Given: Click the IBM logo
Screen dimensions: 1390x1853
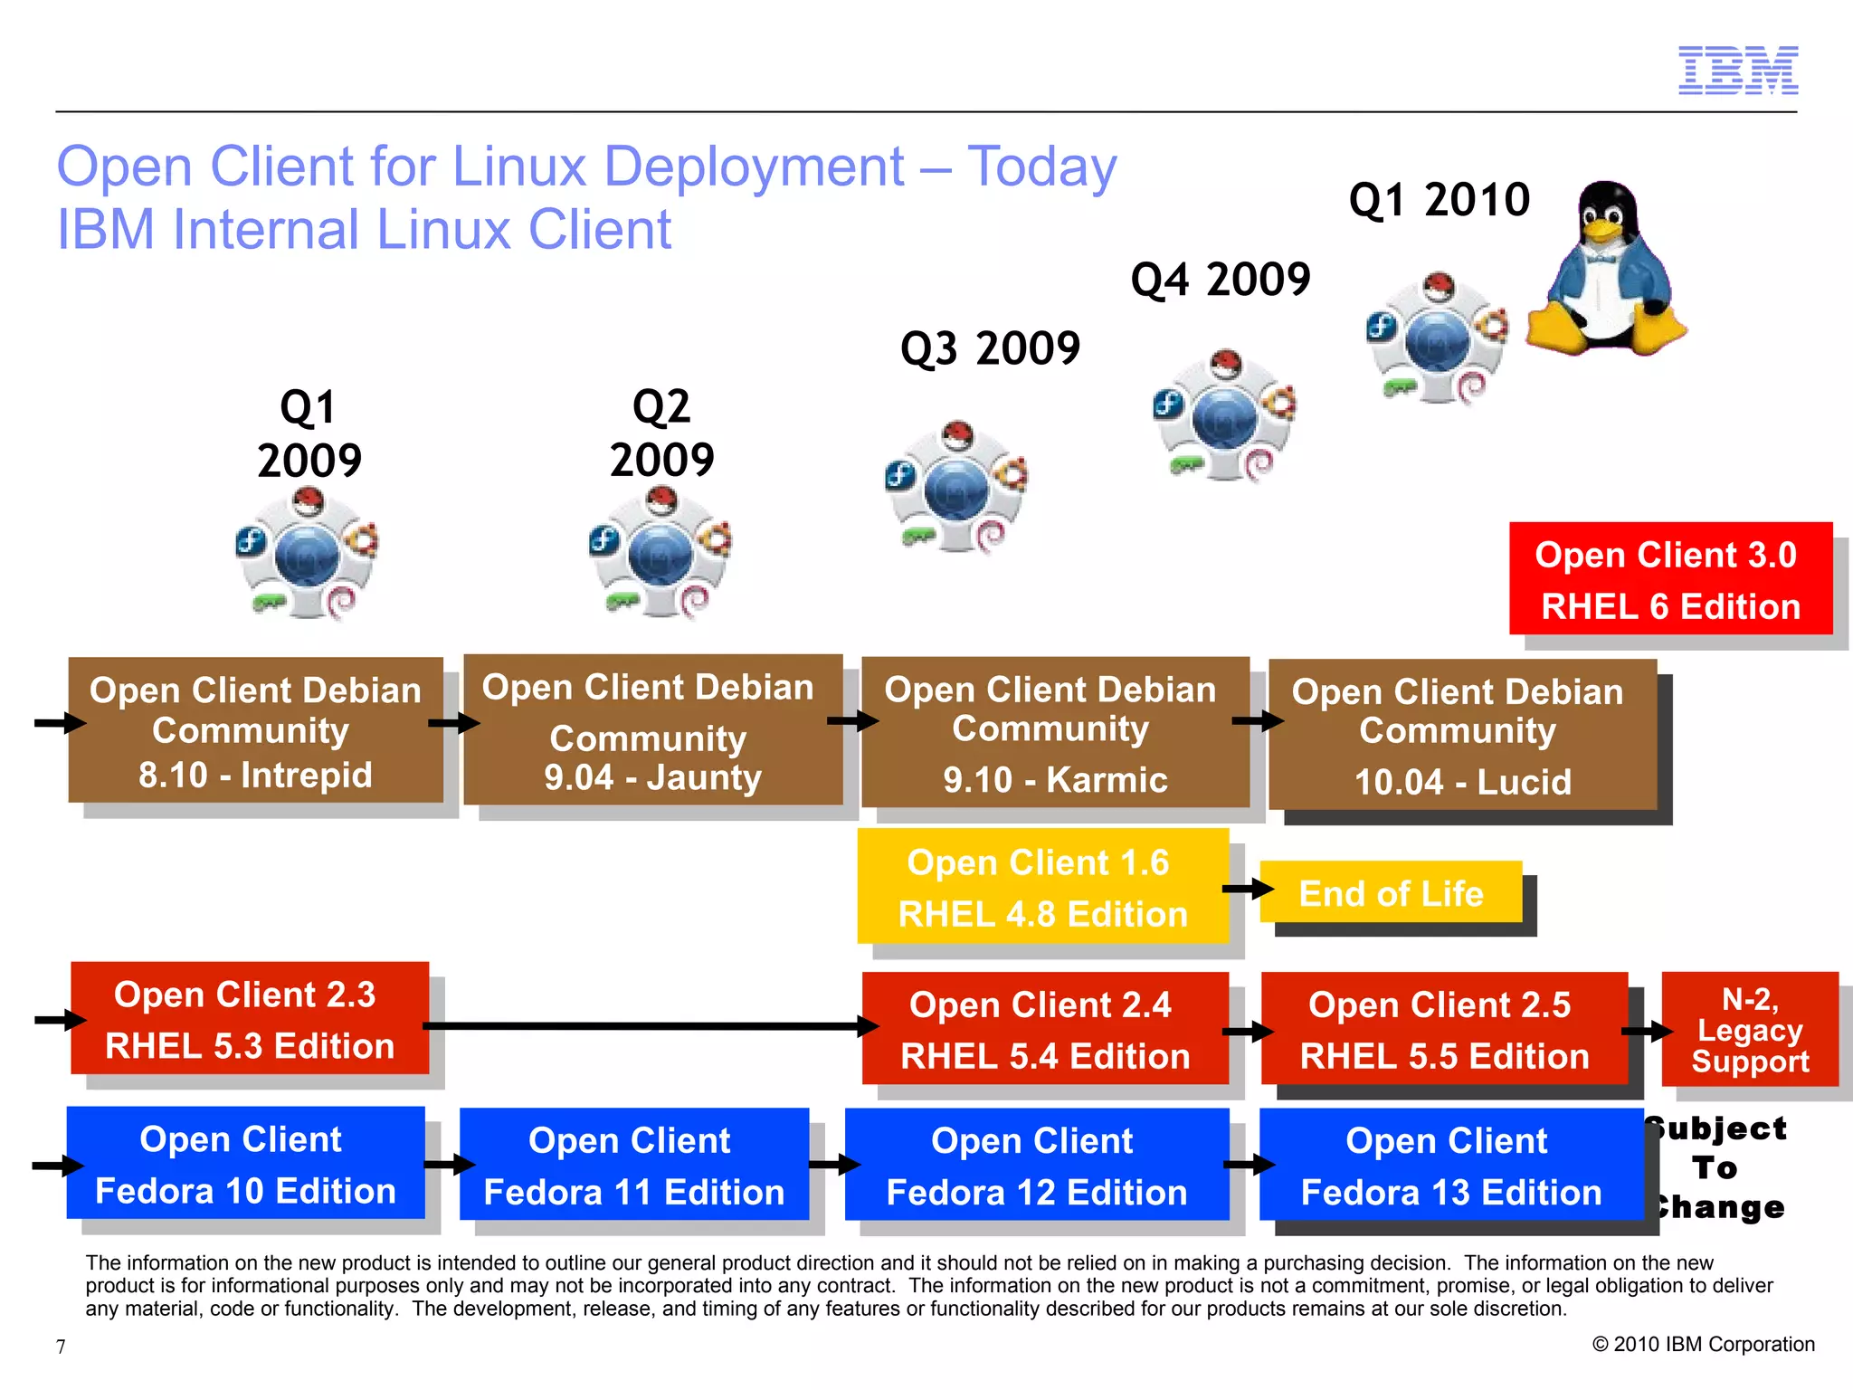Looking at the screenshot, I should pyautogui.click(x=1737, y=71).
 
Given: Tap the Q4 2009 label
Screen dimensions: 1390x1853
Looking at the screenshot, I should pyautogui.click(x=1221, y=280).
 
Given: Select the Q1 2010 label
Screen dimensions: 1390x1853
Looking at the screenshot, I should pyautogui.click(x=1439, y=200).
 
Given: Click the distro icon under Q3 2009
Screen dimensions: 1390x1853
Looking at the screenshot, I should pyautogui.click(x=956, y=487).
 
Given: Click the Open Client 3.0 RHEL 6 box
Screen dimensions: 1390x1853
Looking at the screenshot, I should pyautogui.click(x=1670, y=579).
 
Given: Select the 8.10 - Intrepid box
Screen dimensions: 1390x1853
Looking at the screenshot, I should pyautogui.click(x=255, y=730).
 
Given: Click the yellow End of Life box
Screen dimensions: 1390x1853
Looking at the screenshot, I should pyautogui.click(x=1391, y=893).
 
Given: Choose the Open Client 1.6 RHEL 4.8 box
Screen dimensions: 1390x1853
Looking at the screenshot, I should pyautogui.click(x=1042, y=887).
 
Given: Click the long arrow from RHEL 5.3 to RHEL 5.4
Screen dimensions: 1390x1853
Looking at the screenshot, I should pyautogui.click(x=647, y=1026).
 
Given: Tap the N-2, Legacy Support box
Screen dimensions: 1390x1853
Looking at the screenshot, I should pyautogui.click(x=1750, y=1030).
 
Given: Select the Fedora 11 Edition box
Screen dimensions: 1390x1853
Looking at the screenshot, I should pyautogui.click(x=633, y=1165).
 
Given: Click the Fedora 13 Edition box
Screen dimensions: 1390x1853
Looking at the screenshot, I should pyautogui.click(x=1450, y=1165).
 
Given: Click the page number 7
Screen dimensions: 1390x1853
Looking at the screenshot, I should pyautogui.click(x=61, y=1347).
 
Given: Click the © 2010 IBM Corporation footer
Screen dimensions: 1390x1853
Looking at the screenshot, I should pyautogui.click(x=1703, y=1345).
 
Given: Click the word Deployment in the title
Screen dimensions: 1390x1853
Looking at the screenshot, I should pyautogui.click(x=754, y=167).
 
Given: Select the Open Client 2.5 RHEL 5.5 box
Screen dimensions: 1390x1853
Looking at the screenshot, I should pyautogui.click(x=1444, y=1030).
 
